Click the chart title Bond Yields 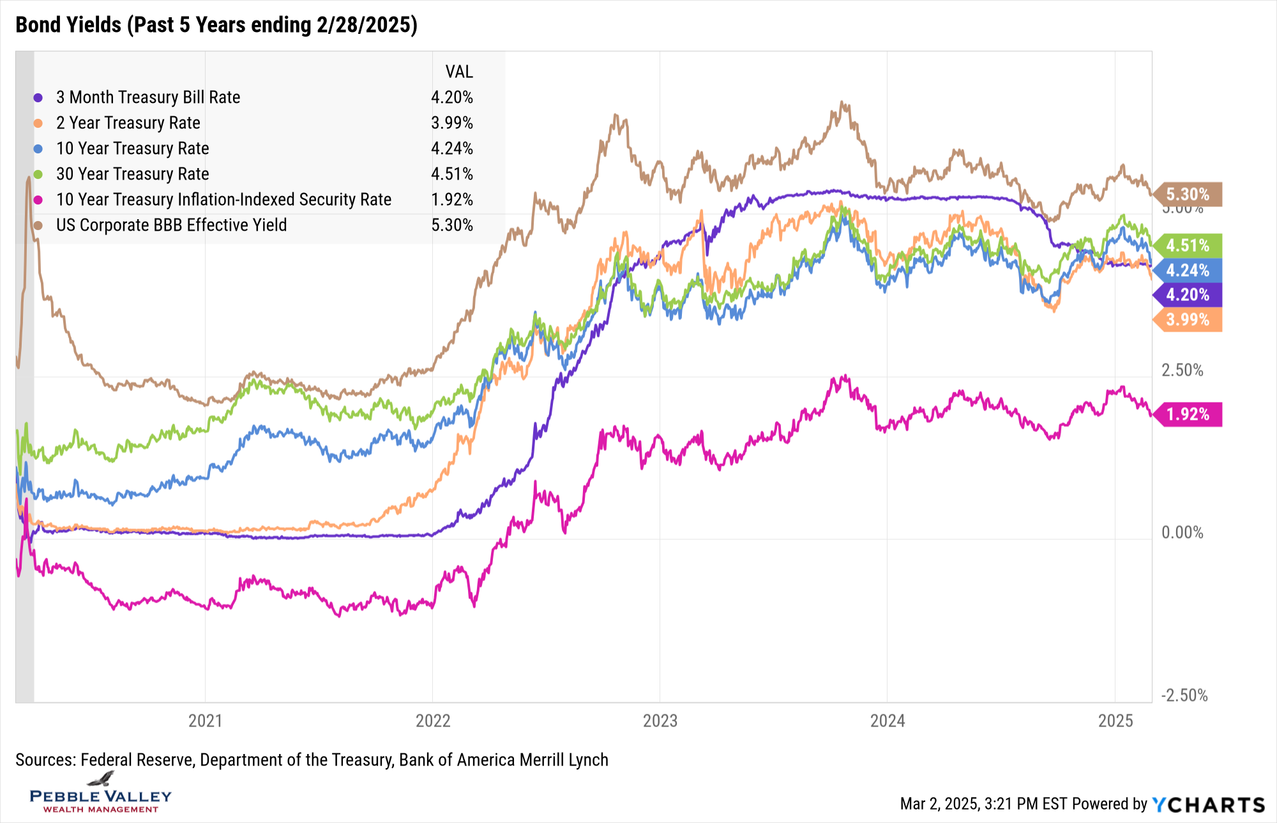[216, 25]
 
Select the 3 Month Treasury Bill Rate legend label [148, 97]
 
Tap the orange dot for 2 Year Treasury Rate [38, 123]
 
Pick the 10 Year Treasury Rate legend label [132, 148]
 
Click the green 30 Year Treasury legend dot [38, 174]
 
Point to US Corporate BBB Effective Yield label [171, 225]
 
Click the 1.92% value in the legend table [451, 199]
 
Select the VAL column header [459, 72]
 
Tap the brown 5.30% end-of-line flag [1188, 194]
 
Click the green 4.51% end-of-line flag [1188, 245]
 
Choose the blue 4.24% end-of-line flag [1188, 270]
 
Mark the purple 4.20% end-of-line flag [1188, 295]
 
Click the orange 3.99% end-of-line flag [1188, 319]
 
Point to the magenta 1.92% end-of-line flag [1188, 415]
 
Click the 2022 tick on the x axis [433, 721]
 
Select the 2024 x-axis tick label [888, 721]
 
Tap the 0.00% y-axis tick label [1182, 532]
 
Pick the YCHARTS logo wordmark [1209, 804]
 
